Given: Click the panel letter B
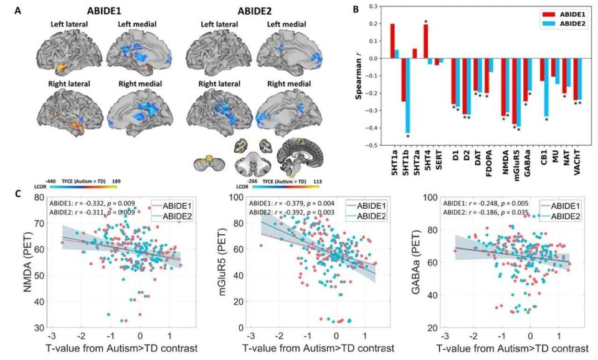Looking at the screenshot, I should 355,9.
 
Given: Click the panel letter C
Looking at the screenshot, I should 26,194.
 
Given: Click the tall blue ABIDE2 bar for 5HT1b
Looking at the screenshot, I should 408,95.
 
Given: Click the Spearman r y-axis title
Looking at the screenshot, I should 360,75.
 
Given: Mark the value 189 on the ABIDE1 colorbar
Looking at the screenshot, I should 115,181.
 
